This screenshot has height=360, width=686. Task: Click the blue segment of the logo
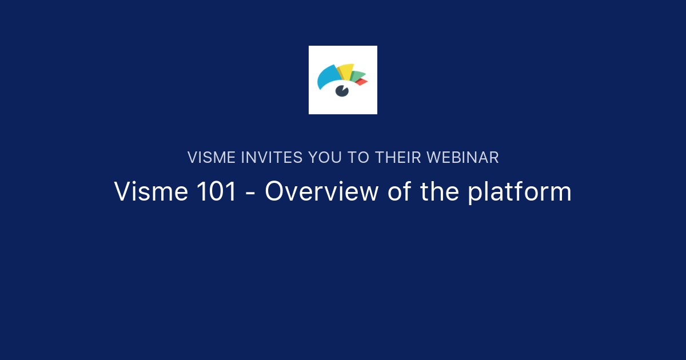(x=327, y=77)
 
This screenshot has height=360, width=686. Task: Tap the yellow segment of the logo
(x=346, y=71)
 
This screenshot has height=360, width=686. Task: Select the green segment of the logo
(x=357, y=76)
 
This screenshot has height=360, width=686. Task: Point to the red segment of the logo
(x=361, y=82)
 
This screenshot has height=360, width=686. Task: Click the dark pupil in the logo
(x=342, y=90)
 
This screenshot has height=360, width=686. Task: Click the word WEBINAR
(x=463, y=158)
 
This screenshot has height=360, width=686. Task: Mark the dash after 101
(x=250, y=193)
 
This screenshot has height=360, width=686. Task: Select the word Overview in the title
(x=321, y=191)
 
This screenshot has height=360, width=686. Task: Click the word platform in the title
(x=520, y=193)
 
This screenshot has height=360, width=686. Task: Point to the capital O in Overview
(x=274, y=191)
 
